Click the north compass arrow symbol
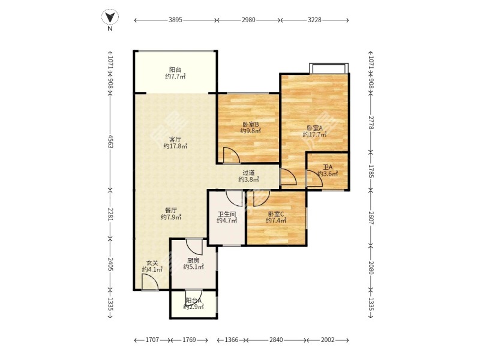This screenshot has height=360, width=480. pyautogui.click(x=110, y=17)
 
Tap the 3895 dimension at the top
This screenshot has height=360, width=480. pyautogui.click(x=175, y=20)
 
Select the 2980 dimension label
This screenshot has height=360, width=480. pyautogui.click(x=248, y=20)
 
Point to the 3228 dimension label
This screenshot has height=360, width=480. pyautogui.click(x=314, y=20)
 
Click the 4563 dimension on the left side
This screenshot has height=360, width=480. pyautogui.click(x=110, y=141)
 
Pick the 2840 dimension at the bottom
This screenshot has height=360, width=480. pyautogui.click(x=276, y=340)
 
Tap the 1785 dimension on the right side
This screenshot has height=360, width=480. pyautogui.click(x=371, y=172)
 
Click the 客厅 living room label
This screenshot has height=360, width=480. pyautogui.click(x=175, y=139)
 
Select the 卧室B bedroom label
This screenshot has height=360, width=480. pyautogui.click(x=251, y=124)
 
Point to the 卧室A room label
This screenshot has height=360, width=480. pyautogui.click(x=314, y=128)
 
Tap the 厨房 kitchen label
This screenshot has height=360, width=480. pyautogui.click(x=193, y=260)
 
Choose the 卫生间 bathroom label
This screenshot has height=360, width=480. pyautogui.click(x=227, y=214)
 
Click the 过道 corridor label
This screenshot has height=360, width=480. pyautogui.click(x=248, y=173)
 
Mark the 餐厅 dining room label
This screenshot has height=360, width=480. pyautogui.click(x=171, y=211)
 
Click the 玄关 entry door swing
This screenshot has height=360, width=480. pyautogui.click(x=150, y=282)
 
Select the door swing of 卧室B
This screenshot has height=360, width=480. pyautogui.click(x=232, y=155)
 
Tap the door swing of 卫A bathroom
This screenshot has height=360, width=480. pyautogui.click(x=314, y=178)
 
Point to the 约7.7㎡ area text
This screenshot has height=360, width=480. pyautogui.click(x=175, y=77)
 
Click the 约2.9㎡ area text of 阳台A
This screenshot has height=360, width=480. pyautogui.click(x=193, y=307)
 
